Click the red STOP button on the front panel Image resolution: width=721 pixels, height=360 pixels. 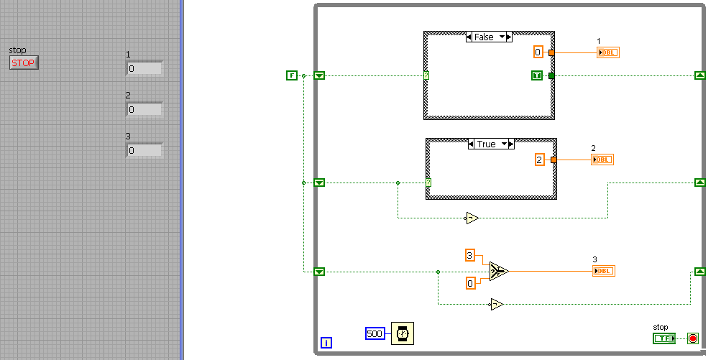click(23, 63)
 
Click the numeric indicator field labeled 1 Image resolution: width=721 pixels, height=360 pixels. click(144, 69)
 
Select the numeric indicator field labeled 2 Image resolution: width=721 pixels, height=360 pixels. click(144, 110)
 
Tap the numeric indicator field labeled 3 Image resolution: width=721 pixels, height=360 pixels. click(144, 151)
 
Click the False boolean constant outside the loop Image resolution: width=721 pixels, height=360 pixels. click(291, 75)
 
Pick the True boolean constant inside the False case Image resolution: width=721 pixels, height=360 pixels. click(537, 75)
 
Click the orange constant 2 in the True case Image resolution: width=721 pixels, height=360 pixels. click(540, 160)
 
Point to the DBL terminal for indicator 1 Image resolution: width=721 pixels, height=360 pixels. click(607, 52)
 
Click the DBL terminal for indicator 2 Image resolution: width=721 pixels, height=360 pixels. click(602, 160)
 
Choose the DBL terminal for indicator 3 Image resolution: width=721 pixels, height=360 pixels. click(604, 271)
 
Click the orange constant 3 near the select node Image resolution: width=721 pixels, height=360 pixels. click(470, 255)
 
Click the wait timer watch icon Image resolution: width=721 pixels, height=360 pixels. click(403, 333)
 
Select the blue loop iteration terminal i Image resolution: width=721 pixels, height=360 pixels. click(326, 343)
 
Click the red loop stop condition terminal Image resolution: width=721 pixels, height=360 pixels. click(692, 338)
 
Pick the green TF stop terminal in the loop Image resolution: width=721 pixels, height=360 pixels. click(664, 338)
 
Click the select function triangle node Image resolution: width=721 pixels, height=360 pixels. click(498, 271)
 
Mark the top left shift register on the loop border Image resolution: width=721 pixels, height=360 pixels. click(320, 75)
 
